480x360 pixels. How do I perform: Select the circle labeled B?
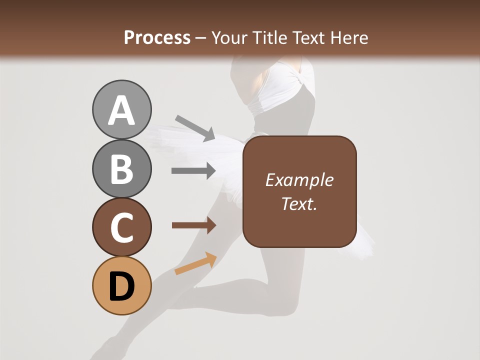click(x=121, y=169)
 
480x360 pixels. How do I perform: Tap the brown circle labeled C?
click(x=121, y=227)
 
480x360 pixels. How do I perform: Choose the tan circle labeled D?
click(x=121, y=285)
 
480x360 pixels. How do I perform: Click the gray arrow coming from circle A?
click(x=195, y=127)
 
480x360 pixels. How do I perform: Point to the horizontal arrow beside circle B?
click(x=193, y=171)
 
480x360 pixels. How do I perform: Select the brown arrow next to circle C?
click(x=194, y=225)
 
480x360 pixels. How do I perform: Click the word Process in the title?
click(x=157, y=37)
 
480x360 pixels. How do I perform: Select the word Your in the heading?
click(x=227, y=37)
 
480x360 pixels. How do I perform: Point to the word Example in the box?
click(x=299, y=180)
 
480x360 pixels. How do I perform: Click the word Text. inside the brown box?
click(x=299, y=203)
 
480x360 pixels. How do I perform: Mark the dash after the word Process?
click(x=201, y=38)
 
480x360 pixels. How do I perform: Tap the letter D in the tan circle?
click(x=121, y=286)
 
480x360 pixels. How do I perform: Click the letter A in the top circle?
click(x=121, y=110)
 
